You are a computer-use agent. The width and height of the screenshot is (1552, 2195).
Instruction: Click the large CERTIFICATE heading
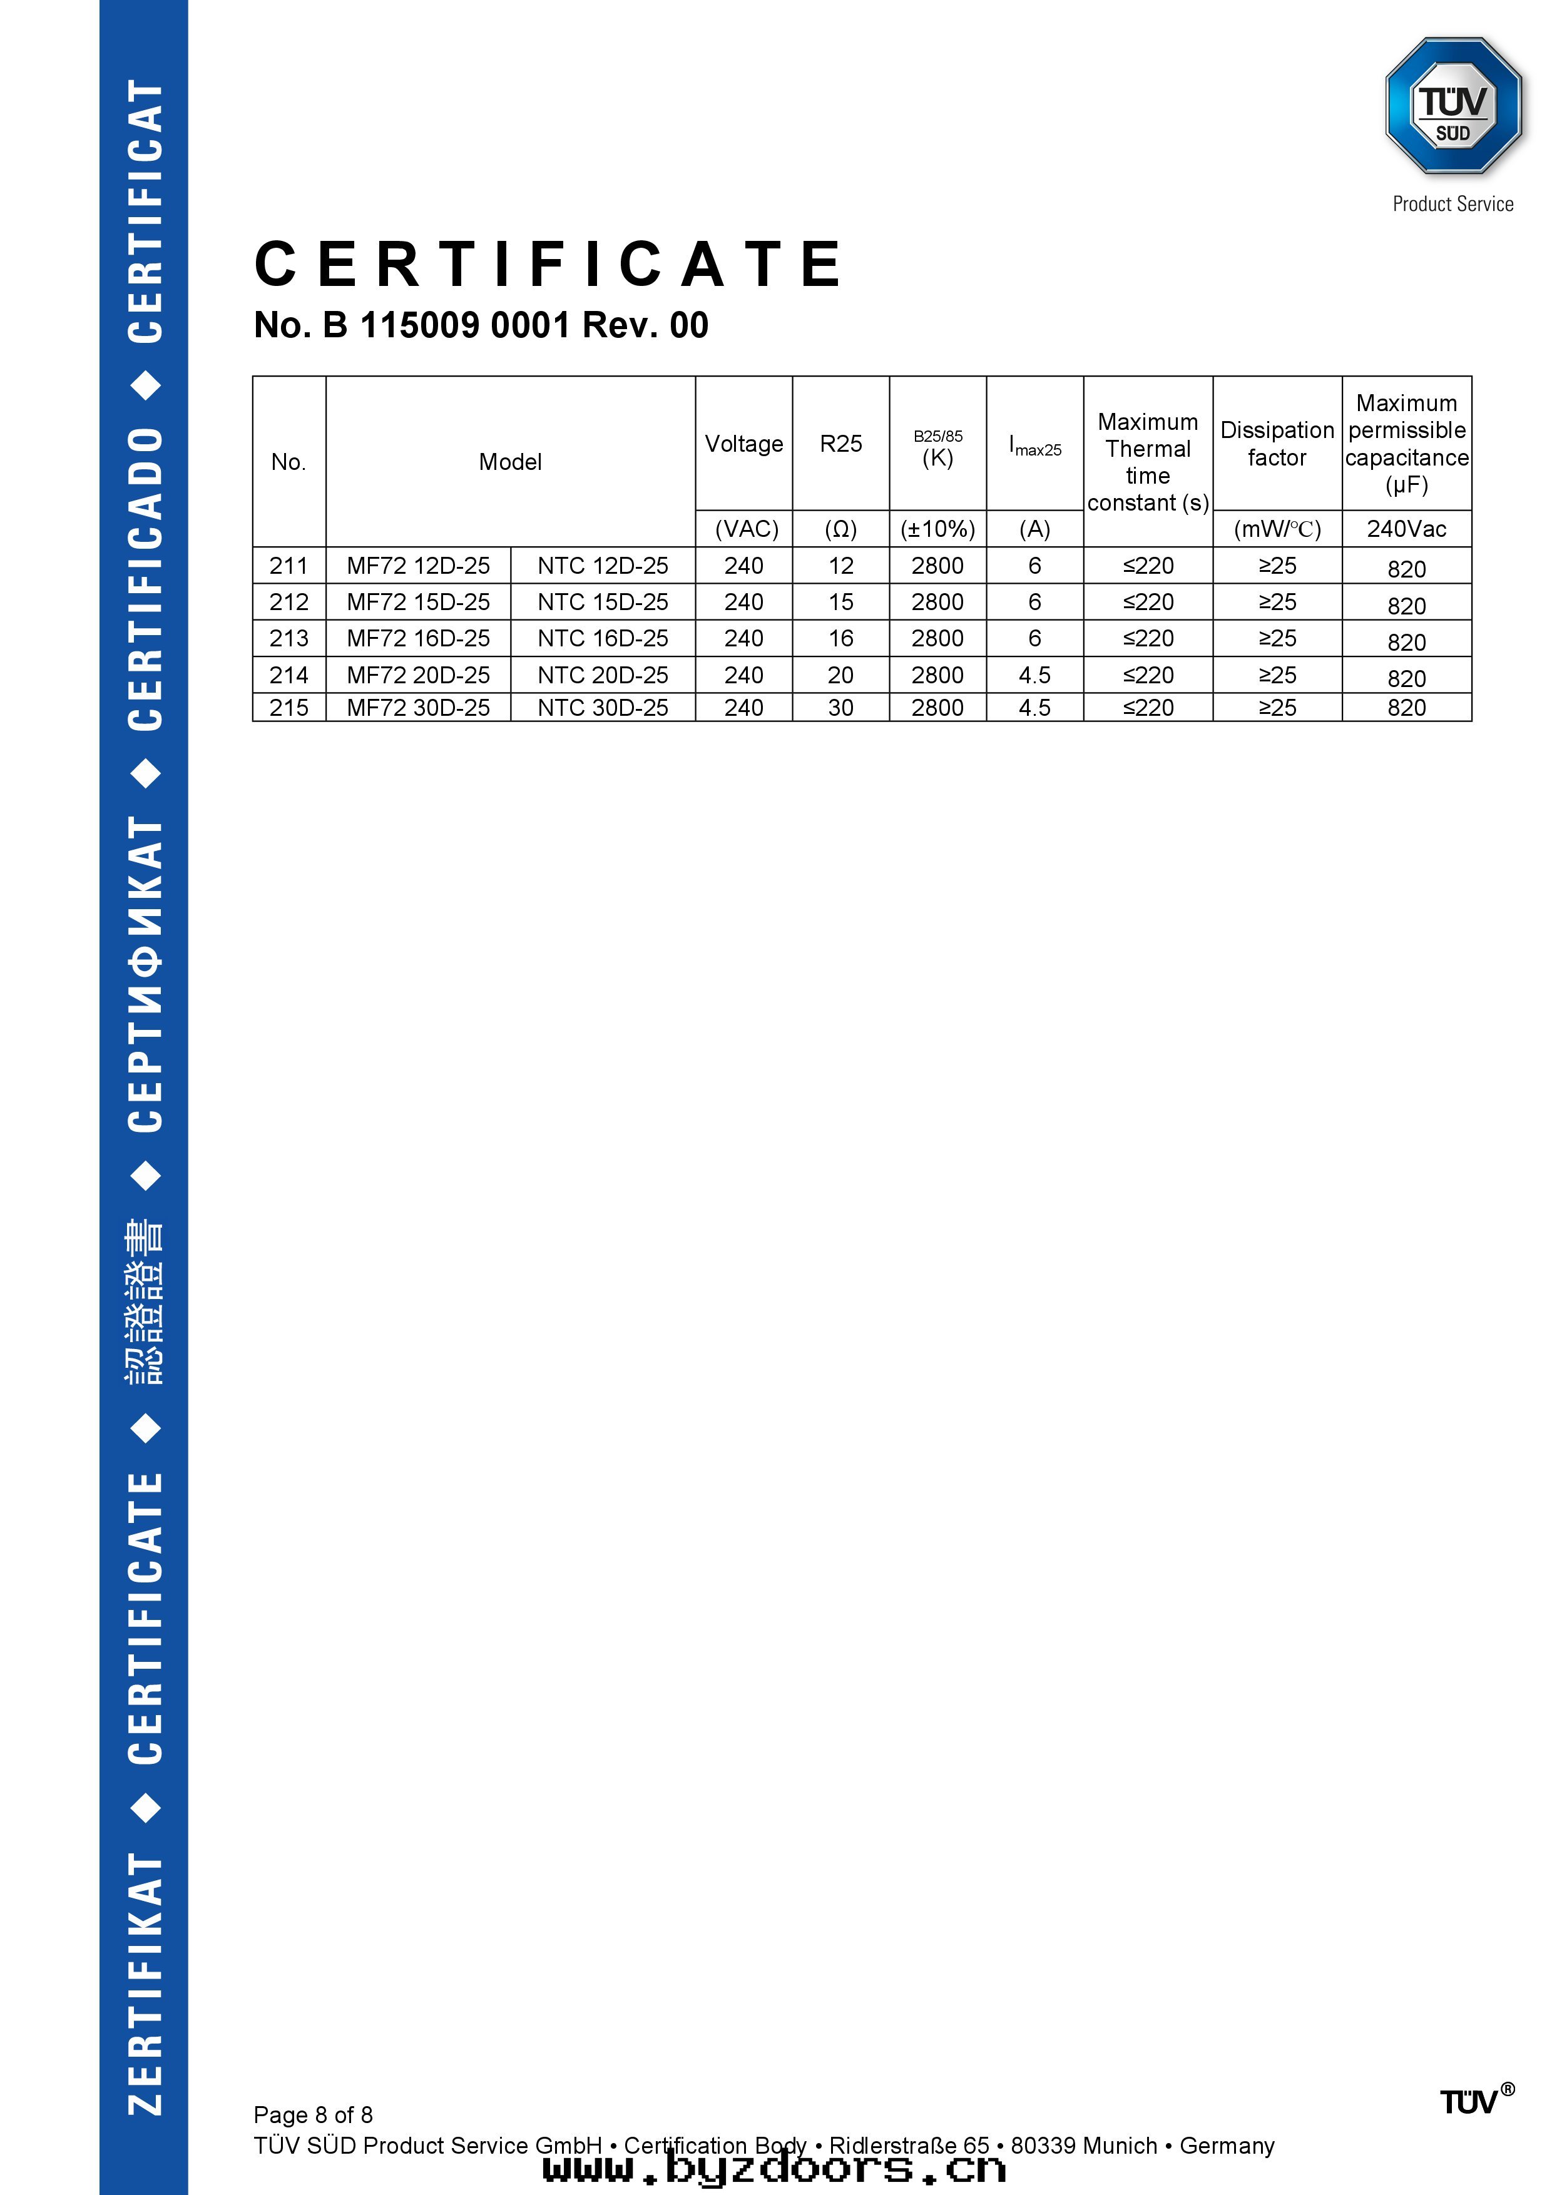pos(549,265)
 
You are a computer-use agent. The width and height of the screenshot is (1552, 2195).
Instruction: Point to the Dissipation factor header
pos(1277,444)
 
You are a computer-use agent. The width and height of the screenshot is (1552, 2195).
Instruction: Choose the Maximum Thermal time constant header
pos(1148,462)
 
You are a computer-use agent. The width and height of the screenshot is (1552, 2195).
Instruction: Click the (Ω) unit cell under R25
pos(840,529)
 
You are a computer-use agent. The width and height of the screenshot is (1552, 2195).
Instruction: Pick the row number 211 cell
pos(288,566)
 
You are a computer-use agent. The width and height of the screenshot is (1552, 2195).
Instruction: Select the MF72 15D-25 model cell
pos(418,603)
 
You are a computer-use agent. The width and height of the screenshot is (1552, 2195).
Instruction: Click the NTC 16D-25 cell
pos(603,639)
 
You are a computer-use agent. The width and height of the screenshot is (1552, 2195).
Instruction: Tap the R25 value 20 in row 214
pos(840,675)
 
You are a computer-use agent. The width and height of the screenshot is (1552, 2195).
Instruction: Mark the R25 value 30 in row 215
pos(840,708)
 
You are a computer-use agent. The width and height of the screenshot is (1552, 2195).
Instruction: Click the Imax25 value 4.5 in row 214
pos(1034,675)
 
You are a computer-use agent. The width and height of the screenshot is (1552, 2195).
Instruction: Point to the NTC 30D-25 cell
pos(603,708)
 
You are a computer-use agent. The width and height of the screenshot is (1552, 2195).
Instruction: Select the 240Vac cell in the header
pos(1406,529)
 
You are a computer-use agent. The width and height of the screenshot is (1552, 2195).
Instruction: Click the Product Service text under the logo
pos(1452,203)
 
